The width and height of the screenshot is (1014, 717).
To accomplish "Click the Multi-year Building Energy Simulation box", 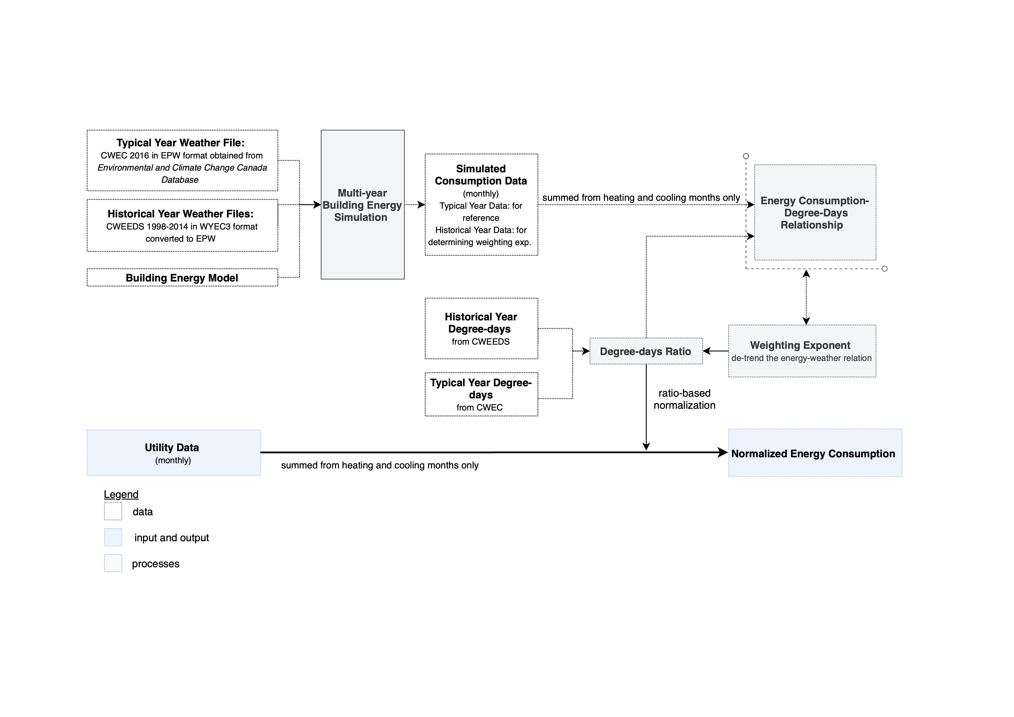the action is [363, 205].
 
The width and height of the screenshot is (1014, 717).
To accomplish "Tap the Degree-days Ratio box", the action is [646, 351].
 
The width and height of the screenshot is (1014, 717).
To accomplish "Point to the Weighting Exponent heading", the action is [800, 345].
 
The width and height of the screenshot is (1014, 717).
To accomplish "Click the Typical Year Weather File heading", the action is [180, 143].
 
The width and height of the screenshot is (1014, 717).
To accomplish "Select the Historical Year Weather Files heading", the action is [180, 214].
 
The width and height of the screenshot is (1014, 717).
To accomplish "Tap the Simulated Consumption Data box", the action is [481, 205].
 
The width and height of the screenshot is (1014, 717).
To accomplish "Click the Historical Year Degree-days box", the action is [481, 329].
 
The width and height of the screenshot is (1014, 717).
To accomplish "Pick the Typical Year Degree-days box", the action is [481, 394].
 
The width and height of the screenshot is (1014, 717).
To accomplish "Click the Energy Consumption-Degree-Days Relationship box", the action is [815, 212].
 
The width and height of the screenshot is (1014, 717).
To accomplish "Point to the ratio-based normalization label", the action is [684, 399].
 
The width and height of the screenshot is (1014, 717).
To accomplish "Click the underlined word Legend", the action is [121, 494].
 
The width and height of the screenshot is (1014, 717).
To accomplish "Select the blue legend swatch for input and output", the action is [113, 537].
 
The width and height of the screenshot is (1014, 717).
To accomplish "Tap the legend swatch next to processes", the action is [113, 563].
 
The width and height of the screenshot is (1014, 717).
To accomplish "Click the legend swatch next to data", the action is [113, 511].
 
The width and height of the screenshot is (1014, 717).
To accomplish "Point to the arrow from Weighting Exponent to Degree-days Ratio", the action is [715, 351].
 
